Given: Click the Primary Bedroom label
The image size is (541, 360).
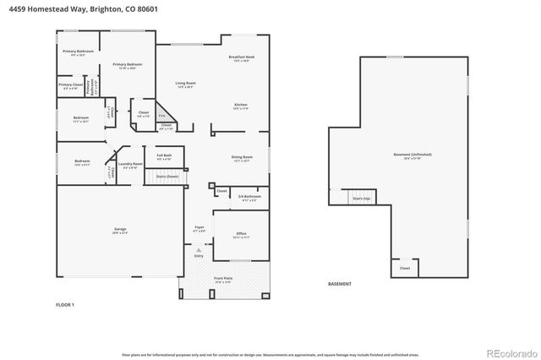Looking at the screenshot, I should coord(127,65).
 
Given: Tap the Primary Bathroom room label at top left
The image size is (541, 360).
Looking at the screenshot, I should coord(79,52).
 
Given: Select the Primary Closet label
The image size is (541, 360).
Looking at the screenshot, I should coord(71,85).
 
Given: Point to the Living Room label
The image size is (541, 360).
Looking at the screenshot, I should coord(185,84).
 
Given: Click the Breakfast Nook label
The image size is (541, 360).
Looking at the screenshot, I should coord(241,58).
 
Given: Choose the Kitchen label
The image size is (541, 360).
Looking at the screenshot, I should coord(241,106).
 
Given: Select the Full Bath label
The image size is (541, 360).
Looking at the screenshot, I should coord(164,156).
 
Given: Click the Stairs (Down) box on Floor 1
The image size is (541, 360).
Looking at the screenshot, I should coord(167,177).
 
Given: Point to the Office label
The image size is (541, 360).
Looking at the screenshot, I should coord(241,236).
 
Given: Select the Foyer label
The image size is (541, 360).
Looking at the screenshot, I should coord(199,229).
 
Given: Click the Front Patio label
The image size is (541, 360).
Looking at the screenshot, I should coord(223,280).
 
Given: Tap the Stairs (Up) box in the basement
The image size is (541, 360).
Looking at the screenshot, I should coord(362,197).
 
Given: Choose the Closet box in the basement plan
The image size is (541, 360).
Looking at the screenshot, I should coord(405,267).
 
